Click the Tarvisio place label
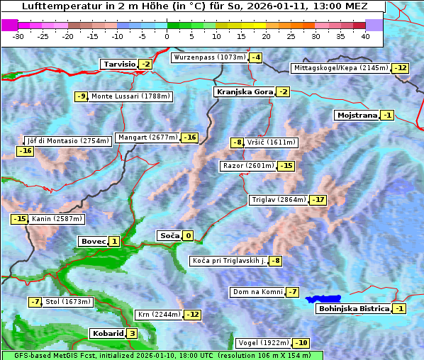118,64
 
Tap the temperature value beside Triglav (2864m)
318,200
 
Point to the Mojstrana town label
357,115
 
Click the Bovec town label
92,242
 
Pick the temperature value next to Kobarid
132,334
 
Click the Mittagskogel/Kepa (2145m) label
341,68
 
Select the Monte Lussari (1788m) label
130,96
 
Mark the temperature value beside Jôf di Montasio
25,151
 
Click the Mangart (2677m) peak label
147,137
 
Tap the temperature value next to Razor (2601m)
286,166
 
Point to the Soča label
169,236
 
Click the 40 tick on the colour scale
365,36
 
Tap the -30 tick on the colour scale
18,36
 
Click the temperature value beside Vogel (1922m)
301,343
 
